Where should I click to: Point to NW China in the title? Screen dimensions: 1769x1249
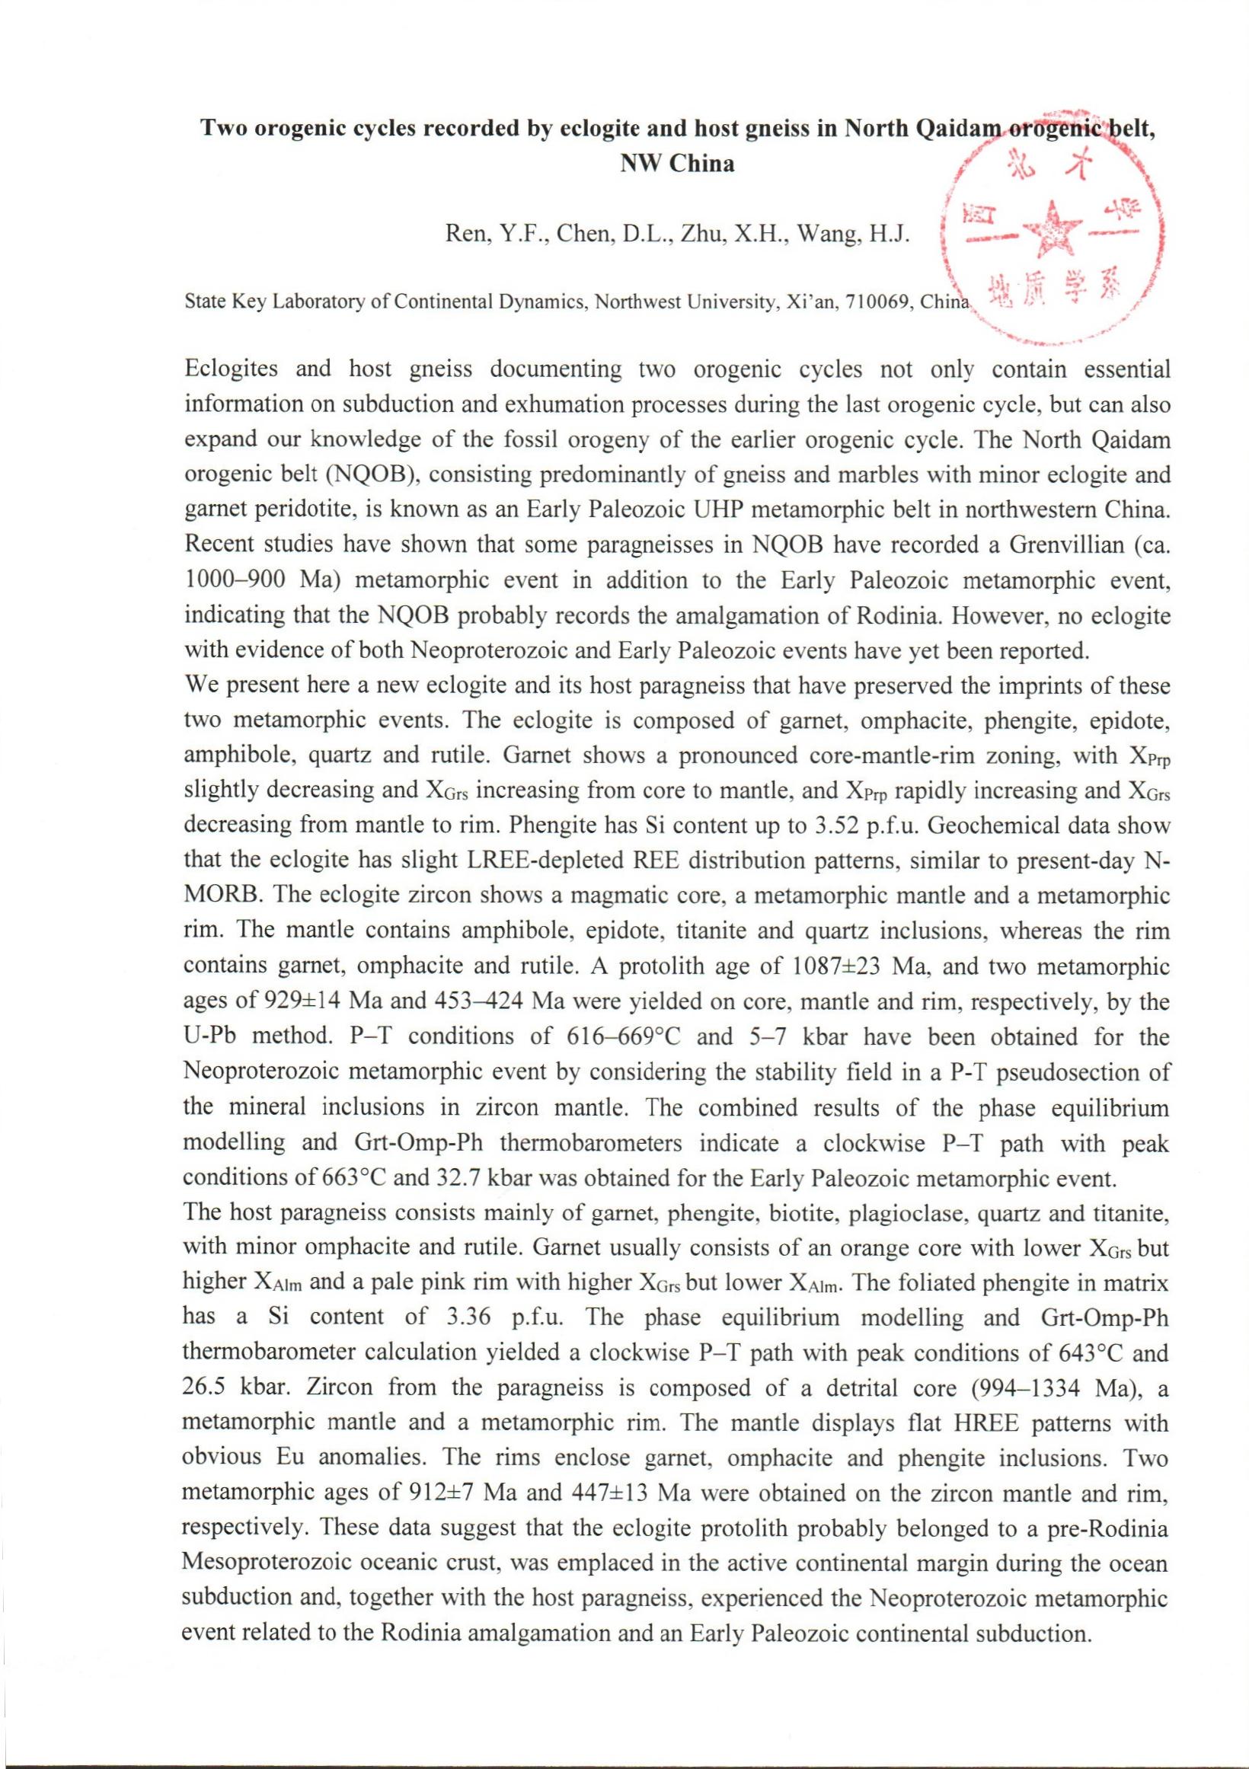677,164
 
